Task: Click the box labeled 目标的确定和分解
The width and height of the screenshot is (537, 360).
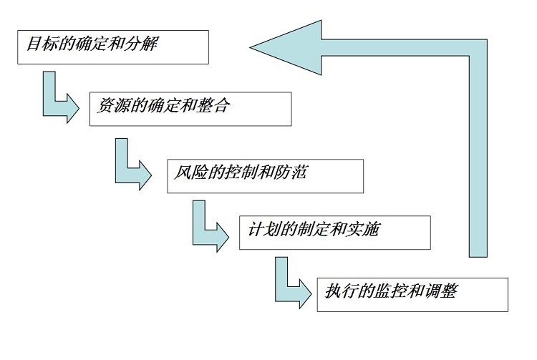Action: tap(112, 47)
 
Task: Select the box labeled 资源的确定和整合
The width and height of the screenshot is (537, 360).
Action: tap(190, 109)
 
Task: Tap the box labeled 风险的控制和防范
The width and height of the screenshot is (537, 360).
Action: tap(265, 175)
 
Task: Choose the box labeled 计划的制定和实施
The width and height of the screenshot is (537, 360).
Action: tap(334, 232)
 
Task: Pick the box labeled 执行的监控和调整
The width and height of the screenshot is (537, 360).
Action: tap(412, 293)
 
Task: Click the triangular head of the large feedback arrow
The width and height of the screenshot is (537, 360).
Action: tap(286, 48)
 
